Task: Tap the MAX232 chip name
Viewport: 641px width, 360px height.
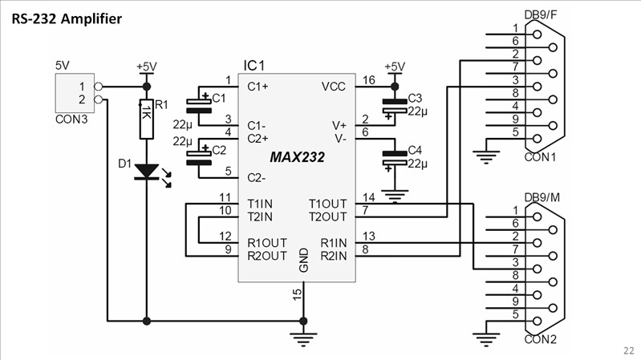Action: click(297, 158)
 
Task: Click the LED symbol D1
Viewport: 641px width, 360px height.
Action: click(146, 171)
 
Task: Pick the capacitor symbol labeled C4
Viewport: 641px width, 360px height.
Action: click(393, 156)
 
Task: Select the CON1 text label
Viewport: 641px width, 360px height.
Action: click(540, 157)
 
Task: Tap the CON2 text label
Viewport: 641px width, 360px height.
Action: click(540, 339)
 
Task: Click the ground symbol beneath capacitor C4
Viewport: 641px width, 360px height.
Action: click(393, 194)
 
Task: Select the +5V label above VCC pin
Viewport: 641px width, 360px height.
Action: click(393, 67)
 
